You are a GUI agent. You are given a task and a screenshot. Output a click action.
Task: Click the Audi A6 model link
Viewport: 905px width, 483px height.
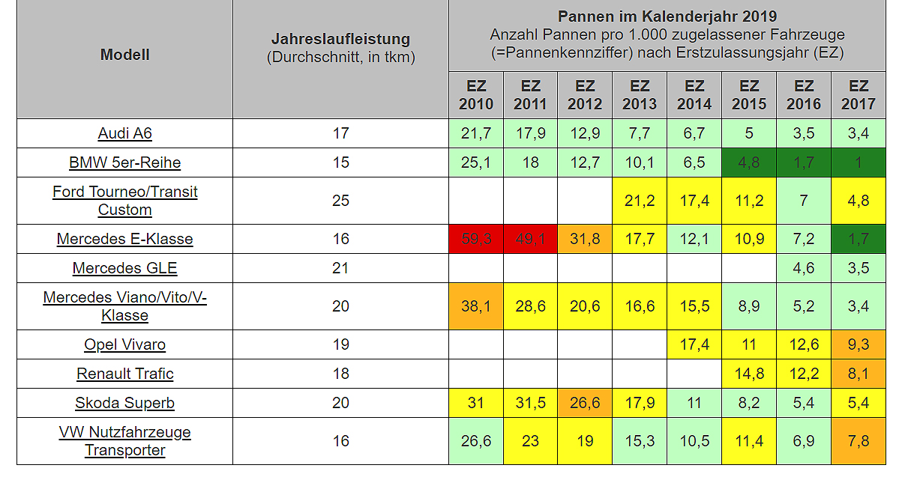(x=124, y=133)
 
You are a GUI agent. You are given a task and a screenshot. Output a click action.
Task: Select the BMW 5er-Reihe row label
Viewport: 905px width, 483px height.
(x=124, y=162)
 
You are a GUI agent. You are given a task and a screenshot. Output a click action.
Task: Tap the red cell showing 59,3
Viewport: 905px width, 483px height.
(x=476, y=239)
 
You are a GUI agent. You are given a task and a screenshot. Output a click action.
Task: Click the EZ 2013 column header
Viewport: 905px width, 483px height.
(x=640, y=95)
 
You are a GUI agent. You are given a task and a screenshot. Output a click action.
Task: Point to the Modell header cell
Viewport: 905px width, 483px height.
(x=124, y=55)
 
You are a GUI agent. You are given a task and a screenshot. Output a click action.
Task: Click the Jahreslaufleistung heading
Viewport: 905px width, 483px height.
(x=340, y=39)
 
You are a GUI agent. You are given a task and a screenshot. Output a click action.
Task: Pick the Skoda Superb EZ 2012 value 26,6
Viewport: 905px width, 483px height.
(x=585, y=403)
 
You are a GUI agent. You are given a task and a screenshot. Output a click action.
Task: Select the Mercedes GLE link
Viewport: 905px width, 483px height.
(x=124, y=268)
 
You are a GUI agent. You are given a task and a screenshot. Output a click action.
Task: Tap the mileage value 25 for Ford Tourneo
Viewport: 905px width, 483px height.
(x=340, y=201)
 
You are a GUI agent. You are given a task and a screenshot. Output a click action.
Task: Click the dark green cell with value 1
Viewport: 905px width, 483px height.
(x=859, y=162)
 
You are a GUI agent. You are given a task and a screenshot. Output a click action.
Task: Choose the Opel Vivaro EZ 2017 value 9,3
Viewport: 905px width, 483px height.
(x=859, y=344)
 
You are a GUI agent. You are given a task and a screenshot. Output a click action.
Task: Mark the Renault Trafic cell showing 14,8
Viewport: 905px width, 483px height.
(x=749, y=374)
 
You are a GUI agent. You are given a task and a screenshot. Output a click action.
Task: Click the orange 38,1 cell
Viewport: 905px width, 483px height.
(x=476, y=306)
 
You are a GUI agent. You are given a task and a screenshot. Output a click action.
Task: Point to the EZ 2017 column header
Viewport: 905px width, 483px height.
(x=859, y=95)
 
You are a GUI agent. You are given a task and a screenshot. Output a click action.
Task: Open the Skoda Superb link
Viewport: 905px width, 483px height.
(x=124, y=403)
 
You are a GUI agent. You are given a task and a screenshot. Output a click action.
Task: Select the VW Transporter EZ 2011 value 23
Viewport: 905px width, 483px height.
(x=530, y=441)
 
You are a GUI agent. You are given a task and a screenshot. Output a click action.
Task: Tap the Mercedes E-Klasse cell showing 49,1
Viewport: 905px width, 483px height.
(x=530, y=239)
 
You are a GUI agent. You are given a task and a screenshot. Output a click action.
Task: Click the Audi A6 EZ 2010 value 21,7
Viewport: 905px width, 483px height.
(x=476, y=133)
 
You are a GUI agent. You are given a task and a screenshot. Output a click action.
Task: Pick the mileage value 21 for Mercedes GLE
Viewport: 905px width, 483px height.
(x=340, y=268)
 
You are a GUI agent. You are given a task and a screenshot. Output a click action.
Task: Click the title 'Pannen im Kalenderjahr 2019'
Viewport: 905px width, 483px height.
(x=667, y=16)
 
